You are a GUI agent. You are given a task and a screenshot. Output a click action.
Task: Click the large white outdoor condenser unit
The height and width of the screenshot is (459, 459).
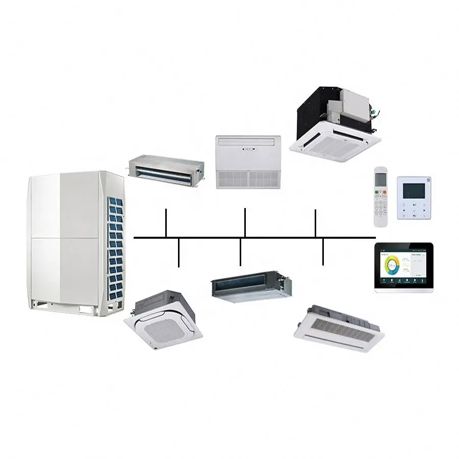coord(71,240)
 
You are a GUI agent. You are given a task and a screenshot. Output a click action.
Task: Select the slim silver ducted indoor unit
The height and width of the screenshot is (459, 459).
coord(165,168)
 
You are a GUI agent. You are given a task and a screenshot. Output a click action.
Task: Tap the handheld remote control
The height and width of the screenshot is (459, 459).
coord(380,196)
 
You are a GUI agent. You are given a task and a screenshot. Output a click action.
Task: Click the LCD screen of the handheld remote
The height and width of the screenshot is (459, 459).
coord(381,179)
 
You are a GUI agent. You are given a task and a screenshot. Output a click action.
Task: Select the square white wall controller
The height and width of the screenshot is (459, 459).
coord(414,198)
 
